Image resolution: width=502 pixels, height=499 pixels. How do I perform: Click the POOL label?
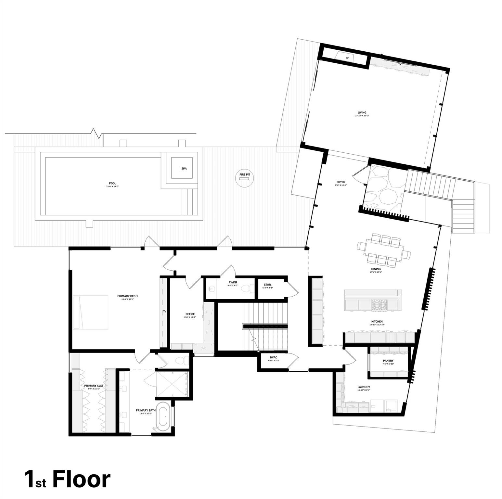tap(112, 183)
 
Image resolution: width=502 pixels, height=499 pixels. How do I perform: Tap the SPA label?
tap(184, 169)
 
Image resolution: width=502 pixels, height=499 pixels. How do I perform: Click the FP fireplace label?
tap(347, 58)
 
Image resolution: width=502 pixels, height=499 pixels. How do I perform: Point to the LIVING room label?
tap(362, 113)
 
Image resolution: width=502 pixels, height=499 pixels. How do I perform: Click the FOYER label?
tap(341, 182)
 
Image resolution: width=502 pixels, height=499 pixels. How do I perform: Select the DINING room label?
tap(376, 269)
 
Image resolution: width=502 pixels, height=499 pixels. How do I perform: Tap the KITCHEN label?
tap(377, 321)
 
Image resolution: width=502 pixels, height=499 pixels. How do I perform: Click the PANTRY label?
tap(388, 361)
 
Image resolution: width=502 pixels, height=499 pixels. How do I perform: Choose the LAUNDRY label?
tap(364, 387)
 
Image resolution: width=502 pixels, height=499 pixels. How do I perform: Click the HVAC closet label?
tap(273, 357)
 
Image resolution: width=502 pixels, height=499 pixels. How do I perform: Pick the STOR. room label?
tap(267, 285)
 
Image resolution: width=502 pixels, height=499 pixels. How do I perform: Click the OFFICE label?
tap(190, 314)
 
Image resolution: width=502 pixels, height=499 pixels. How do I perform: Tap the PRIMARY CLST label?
tap(94, 386)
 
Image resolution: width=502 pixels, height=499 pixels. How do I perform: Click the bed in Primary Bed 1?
tap(91, 312)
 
